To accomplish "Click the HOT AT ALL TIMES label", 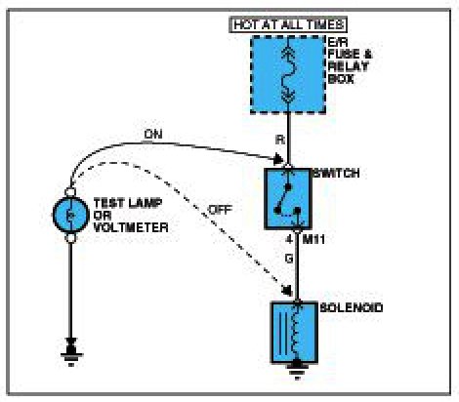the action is point(288,24).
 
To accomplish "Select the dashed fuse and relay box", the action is point(288,74).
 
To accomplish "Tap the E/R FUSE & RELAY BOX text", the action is point(350,60).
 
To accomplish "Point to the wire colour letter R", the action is point(280,140).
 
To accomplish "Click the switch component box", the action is point(288,199).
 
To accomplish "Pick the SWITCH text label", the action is point(336,173).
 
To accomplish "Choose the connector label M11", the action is point(313,240).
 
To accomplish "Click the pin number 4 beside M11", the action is point(289,240).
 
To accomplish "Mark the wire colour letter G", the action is point(289,259).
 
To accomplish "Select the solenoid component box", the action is point(295,333).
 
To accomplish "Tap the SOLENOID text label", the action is point(352,307).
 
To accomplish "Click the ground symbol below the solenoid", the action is point(297,370).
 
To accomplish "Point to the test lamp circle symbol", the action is point(70,215).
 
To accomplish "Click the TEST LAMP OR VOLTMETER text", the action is point(131,216).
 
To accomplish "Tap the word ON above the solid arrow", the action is point(153,135).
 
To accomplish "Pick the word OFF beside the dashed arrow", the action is point(220,210).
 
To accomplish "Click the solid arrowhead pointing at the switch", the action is point(278,159).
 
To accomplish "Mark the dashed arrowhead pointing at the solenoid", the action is point(288,290).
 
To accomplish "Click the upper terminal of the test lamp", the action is point(70,192).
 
